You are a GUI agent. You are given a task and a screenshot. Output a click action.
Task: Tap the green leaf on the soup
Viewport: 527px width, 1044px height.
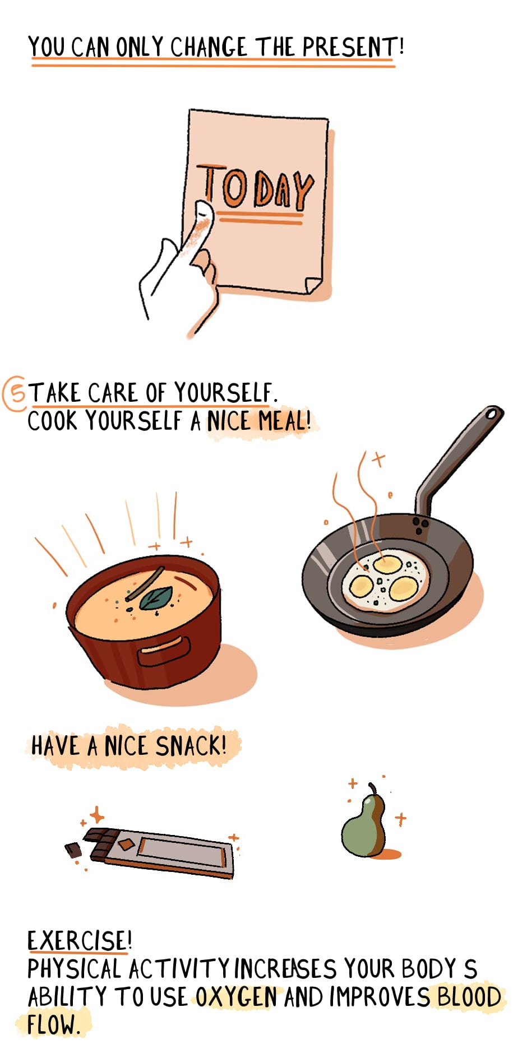pyautogui.click(x=155, y=598)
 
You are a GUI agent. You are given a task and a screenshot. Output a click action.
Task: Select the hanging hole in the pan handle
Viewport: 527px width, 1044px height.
pyautogui.click(x=492, y=414)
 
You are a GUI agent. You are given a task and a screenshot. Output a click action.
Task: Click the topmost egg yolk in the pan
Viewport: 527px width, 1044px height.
pyautogui.click(x=387, y=564)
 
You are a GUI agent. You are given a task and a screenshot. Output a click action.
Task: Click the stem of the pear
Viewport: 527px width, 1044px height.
pyautogui.click(x=372, y=788)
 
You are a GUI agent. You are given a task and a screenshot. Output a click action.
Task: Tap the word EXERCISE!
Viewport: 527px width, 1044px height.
pyautogui.click(x=80, y=940)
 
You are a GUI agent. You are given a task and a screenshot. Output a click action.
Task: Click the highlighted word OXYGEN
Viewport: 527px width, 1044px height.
pyautogui.click(x=236, y=997)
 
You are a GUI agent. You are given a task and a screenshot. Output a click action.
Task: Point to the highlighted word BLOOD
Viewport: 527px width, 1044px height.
pyautogui.click(x=469, y=997)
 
